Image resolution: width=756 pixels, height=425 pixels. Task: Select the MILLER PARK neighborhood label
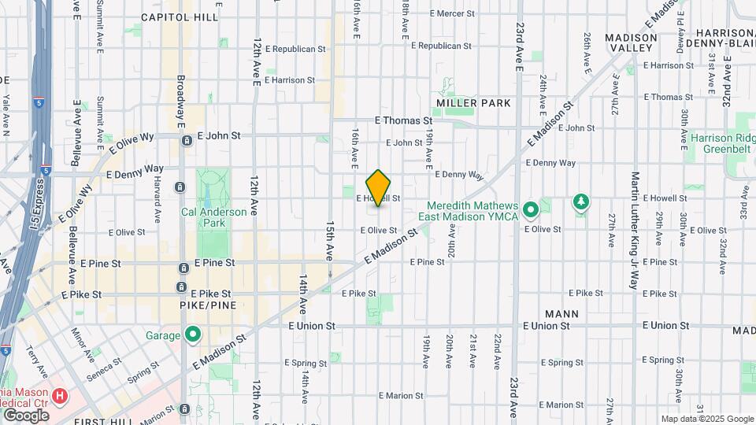[473, 103]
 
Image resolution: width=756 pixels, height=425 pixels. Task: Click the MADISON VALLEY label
[631, 43]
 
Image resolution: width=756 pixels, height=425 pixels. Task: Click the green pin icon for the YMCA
[531, 209]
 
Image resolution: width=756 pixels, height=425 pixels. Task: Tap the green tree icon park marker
[581, 202]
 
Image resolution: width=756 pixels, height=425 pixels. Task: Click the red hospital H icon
[60, 394]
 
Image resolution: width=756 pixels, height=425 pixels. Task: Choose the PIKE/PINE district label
[208, 305]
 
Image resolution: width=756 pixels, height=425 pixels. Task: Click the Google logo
[26, 415]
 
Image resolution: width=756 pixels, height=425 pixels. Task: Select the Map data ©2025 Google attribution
[706, 419]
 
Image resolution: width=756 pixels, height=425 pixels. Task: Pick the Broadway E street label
[180, 102]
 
